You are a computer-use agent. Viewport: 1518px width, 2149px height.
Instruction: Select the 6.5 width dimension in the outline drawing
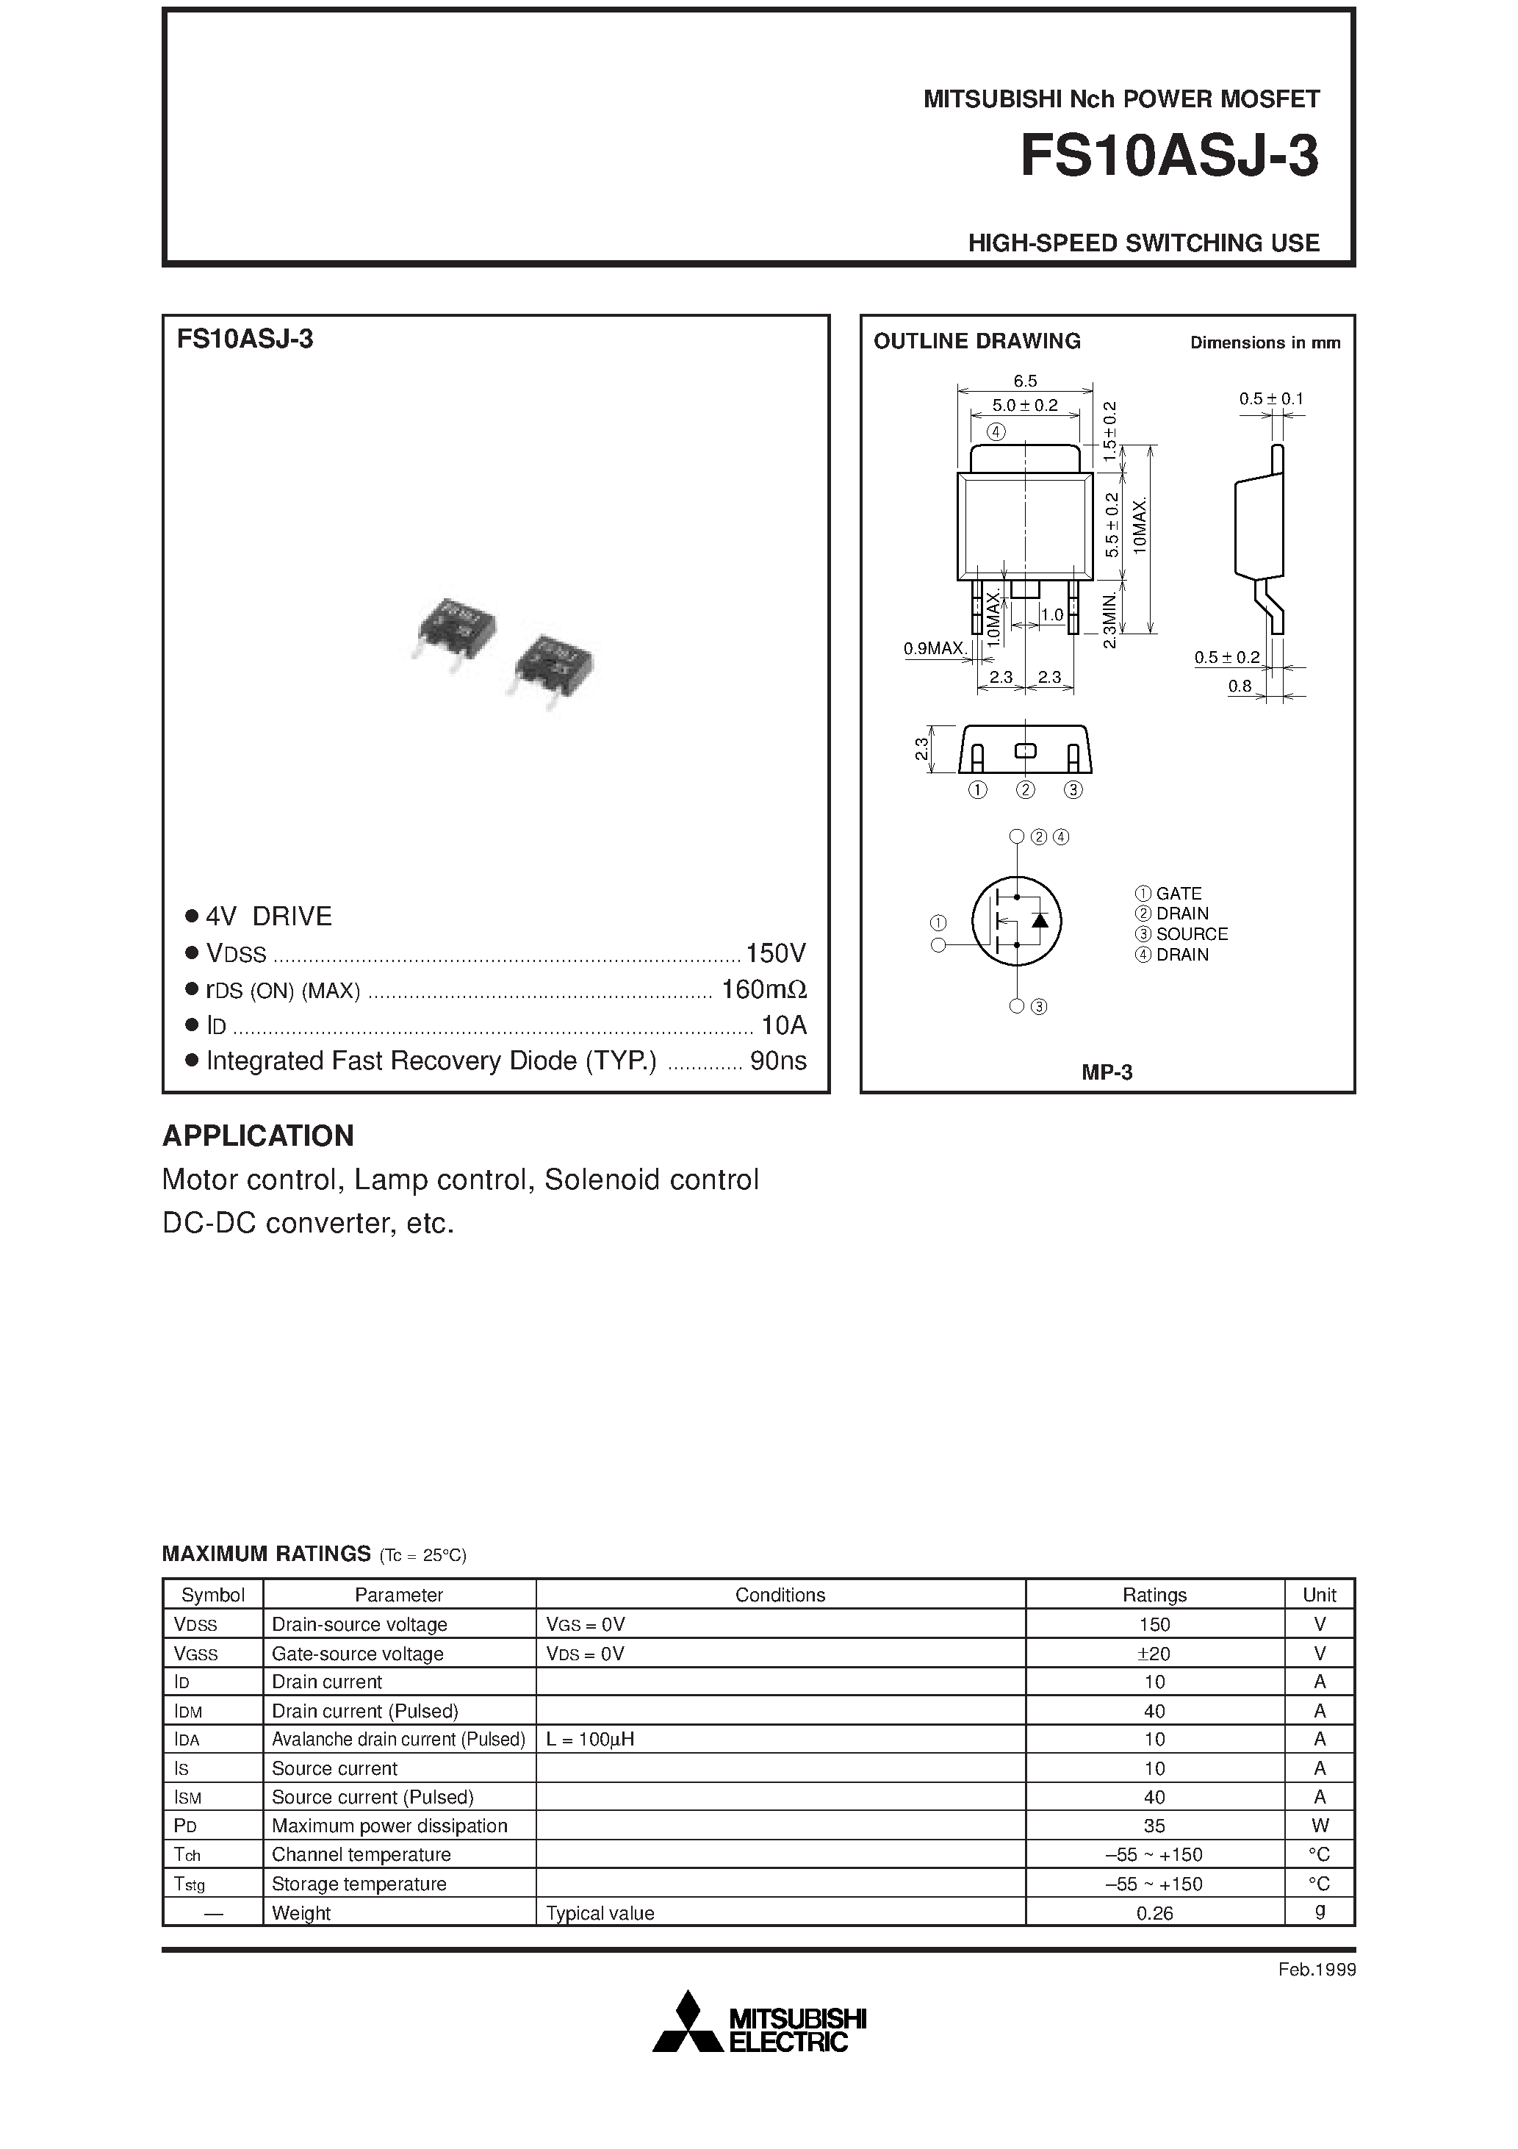[x=1025, y=381]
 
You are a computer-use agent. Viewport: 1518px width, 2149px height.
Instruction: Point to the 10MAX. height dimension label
[x=1139, y=526]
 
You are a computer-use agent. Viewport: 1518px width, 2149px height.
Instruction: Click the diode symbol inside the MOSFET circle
[x=1039, y=919]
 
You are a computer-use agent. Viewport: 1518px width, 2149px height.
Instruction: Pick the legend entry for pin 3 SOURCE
[x=1181, y=934]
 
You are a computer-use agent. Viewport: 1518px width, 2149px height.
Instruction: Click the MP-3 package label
[x=1107, y=1072]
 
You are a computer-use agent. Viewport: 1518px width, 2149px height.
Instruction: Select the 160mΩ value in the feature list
[x=763, y=989]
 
